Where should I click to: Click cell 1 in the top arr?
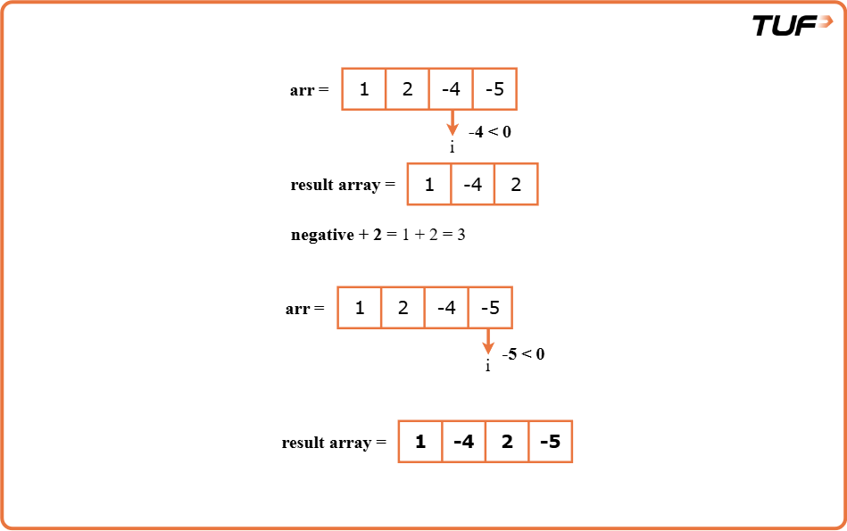364,89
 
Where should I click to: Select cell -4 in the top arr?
451,89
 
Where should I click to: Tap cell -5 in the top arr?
494,89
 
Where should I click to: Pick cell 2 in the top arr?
407,89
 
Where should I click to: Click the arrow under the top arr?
452,123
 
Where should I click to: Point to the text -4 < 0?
489,132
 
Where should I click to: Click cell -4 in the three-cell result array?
472,185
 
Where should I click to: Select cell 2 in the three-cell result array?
516,185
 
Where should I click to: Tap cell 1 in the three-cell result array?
429,185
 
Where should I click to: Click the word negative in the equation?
322,236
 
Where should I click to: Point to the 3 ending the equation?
461,236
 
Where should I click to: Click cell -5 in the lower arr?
490,308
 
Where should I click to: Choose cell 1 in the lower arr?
360,308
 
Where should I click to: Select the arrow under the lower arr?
488,342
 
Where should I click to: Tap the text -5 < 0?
523,354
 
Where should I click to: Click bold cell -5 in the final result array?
550,442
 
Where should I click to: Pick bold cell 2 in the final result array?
507,442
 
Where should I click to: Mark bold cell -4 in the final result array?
463,442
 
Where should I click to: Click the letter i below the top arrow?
452,147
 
